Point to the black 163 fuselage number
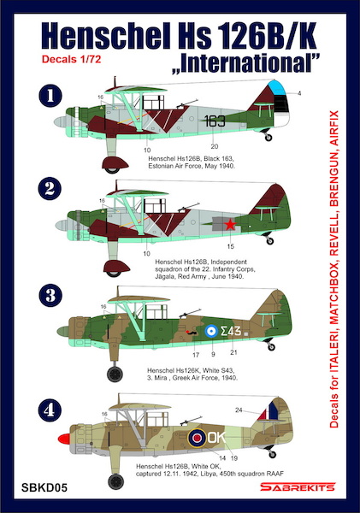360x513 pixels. tap(215, 121)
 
